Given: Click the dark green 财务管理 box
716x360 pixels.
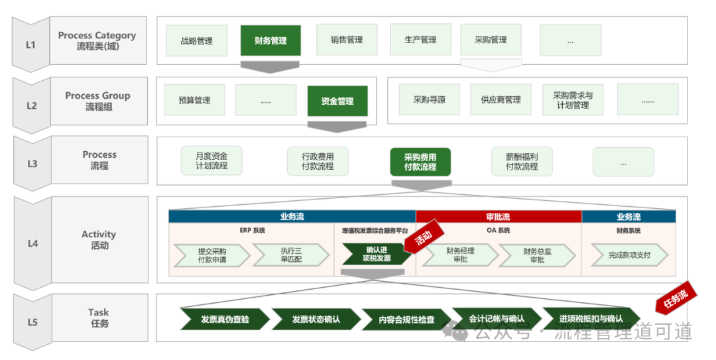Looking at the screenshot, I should tap(270, 40).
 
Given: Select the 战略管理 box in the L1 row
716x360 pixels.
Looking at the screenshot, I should tap(196, 40).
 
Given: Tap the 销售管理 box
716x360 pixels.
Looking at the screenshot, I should tap(347, 40).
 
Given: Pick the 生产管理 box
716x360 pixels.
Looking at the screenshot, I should tap(420, 40).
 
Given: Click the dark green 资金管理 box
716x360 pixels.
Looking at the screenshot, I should tap(337, 101).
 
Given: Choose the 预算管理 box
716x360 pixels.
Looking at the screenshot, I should tap(194, 101).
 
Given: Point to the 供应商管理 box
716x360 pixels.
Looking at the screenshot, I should tap(501, 100).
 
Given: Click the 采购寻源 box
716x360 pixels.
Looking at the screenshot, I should tap(429, 100).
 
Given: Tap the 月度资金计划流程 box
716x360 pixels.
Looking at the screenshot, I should tap(211, 161).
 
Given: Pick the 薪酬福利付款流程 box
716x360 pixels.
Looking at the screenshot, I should tap(522, 162).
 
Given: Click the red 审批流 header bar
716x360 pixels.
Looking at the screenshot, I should tap(499, 217).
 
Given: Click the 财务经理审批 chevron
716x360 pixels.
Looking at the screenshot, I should tap(459, 255).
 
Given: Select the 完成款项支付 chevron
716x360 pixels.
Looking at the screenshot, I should tap(629, 255).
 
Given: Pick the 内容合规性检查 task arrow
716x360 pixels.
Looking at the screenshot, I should tap(406, 320).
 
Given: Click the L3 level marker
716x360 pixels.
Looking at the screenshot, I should tap(32, 163).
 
